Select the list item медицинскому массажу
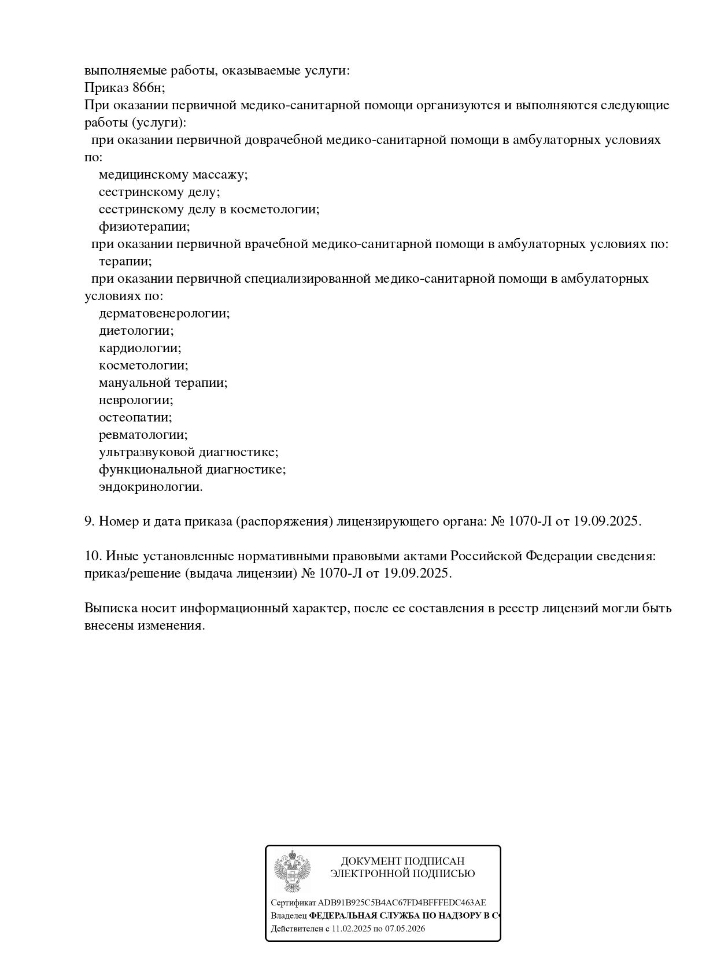tap(173, 175)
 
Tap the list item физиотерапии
tap(144, 227)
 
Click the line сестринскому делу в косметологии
tap(209, 209)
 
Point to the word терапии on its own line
tap(125, 261)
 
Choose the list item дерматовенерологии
tap(164, 313)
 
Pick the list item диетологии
tap(136, 331)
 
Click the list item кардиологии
tap(140, 348)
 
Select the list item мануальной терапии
tap(163, 383)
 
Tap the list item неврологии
tap(136, 400)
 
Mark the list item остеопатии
tap(135, 417)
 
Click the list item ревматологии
tap(143, 435)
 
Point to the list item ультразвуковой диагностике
tap(189, 452)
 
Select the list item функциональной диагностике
tap(192, 469)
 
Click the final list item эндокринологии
tap(150, 487)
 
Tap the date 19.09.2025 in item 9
tap(607, 522)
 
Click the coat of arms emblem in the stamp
tap(292, 871)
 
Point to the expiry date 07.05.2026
tap(405, 929)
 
